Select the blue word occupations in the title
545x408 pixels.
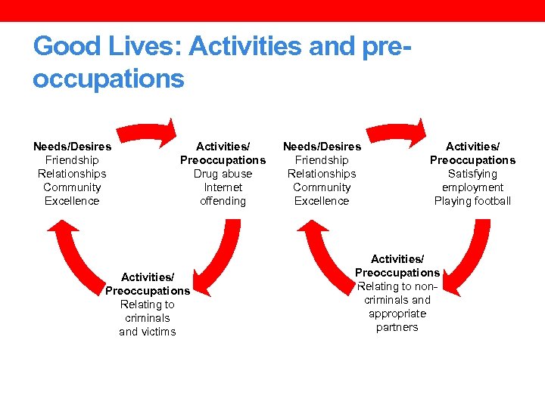pyautogui.click(x=108, y=78)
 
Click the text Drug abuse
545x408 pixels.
pyautogui.click(x=223, y=174)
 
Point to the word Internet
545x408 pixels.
pyautogui.click(x=223, y=187)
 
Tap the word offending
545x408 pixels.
pyautogui.click(x=223, y=201)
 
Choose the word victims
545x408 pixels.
pyautogui.click(x=157, y=332)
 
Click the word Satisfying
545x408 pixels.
pyautogui.click(x=472, y=174)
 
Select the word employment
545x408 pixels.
pyautogui.click(x=472, y=187)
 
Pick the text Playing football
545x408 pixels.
pyautogui.click(x=472, y=201)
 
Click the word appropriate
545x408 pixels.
pyautogui.click(x=397, y=314)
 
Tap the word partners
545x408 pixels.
pyautogui.click(x=397, y=327)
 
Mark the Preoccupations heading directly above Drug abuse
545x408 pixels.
pyautogui.click(x=223, y=160)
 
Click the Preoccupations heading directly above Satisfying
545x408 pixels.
pyautogui.click(x=472, y=160)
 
